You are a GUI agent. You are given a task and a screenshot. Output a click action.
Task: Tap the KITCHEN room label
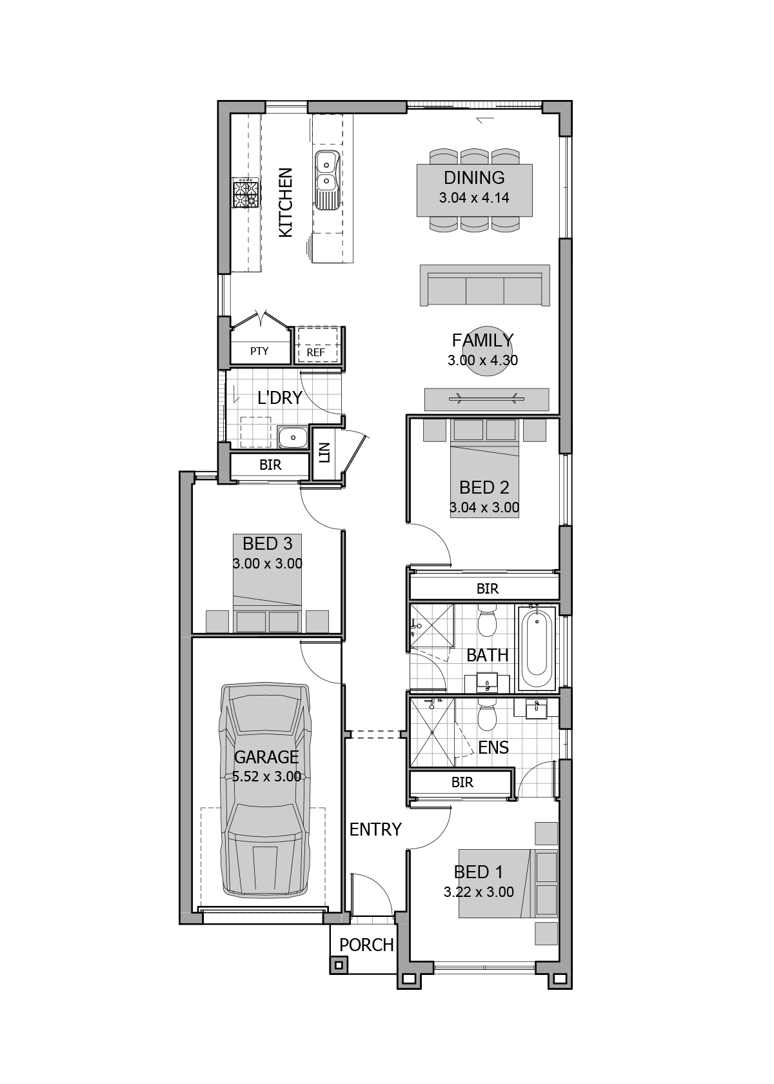285,203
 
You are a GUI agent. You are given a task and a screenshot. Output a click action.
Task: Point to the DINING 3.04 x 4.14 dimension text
474,198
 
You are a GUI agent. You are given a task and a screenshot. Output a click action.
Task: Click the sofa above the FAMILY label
484,285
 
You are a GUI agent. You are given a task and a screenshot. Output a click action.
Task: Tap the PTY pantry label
259,352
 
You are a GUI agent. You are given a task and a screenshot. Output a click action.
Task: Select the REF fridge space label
316,352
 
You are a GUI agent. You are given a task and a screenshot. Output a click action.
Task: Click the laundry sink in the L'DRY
293,437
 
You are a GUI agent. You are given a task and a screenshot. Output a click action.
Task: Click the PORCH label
366,945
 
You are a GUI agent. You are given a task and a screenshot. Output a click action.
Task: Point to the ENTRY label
375,829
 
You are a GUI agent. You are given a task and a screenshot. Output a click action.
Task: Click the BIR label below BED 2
488,588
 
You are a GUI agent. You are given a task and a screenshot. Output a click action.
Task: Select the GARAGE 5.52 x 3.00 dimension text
266,777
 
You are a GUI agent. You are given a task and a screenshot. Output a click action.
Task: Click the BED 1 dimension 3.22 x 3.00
479,892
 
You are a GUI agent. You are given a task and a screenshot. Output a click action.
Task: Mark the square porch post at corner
339,965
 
